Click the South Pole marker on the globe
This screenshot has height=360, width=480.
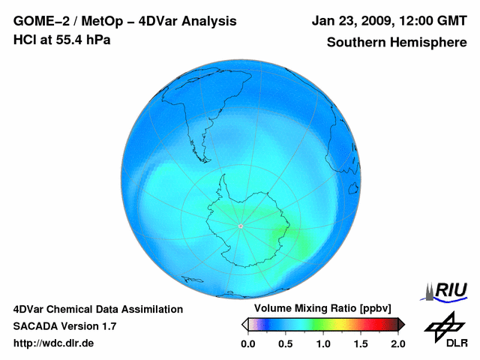[240, 226]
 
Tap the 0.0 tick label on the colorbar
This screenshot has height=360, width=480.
[248, 343]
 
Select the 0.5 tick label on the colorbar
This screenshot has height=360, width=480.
[285, 343]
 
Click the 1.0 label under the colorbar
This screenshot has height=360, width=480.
[323, 343]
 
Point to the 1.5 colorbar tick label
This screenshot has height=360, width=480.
[361, 343]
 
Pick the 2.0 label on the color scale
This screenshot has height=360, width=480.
[397, 343]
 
